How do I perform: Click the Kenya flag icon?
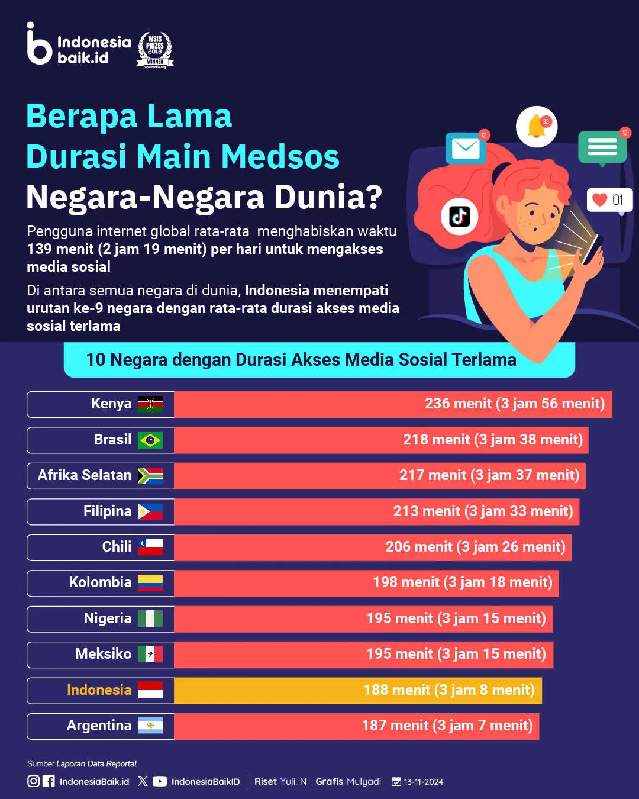(x=150, y=404)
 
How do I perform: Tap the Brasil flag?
(x=150, y=440)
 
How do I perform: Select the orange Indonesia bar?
(x=358, y=690)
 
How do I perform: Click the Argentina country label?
(x=99, y=726)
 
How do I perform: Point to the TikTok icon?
(x=460, y=217)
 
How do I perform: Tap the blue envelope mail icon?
(x=466, y=148)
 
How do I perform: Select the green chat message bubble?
(x=602, y=146)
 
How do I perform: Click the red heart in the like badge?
(x=600, y=199)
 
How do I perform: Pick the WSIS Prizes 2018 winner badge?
(x=155, y=50)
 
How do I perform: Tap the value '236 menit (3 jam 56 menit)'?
(x=514, y=404)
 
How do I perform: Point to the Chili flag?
(x=150, y=547)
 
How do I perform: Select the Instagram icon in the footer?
(x=34, y=781)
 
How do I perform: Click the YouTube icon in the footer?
(x=160, y=781)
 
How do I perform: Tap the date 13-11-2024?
(x=423, y=782)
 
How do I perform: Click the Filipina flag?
(x=150, y=511)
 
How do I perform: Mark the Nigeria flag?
(x=150, y=618)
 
